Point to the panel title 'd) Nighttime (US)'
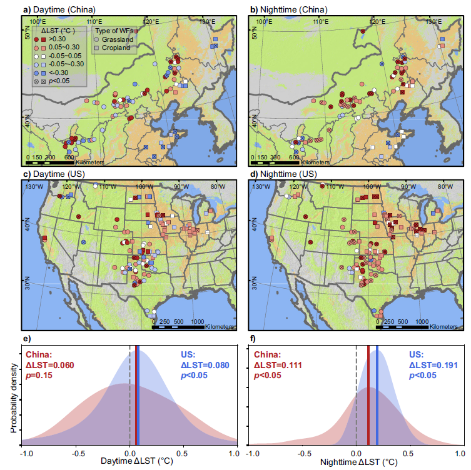[282, 174]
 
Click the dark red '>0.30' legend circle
[36, 39]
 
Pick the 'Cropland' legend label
[117, 47]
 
